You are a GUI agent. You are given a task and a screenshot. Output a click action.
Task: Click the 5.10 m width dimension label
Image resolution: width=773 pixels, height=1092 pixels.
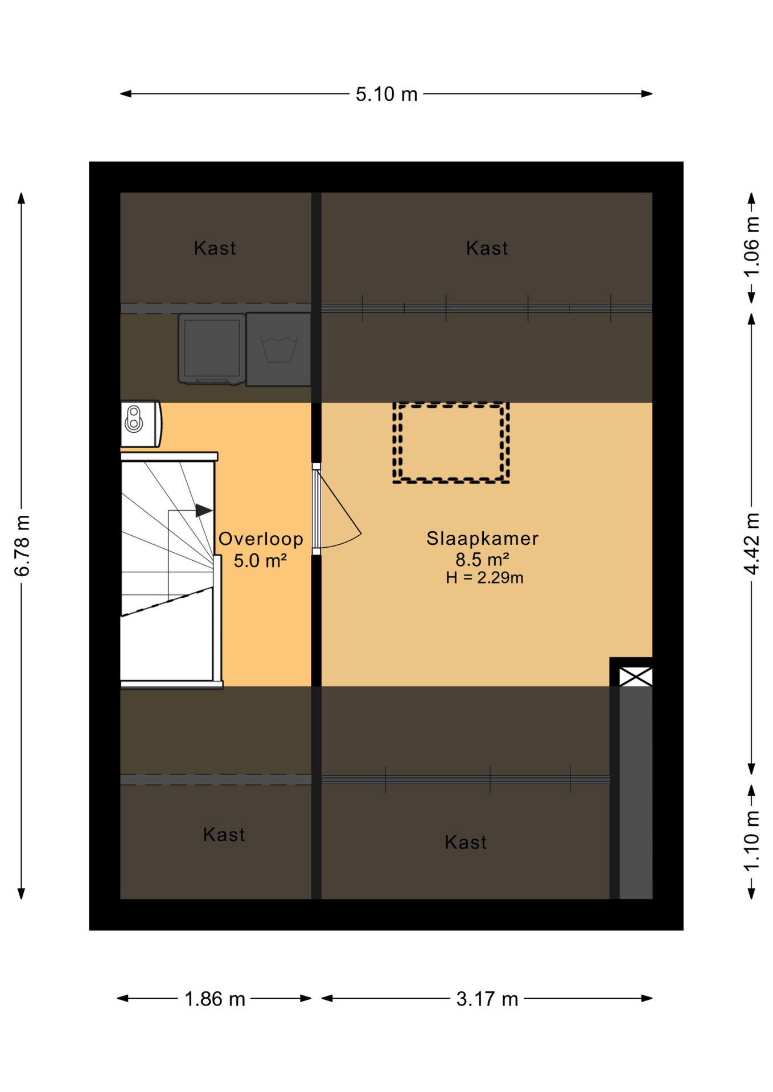386,94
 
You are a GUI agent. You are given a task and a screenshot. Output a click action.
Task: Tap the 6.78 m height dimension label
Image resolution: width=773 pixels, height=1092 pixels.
22,545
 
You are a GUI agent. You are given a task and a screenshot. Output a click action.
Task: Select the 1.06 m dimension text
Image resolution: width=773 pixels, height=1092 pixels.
751,246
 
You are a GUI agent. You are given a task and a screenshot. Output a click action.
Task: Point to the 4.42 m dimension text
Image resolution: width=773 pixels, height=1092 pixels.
751,543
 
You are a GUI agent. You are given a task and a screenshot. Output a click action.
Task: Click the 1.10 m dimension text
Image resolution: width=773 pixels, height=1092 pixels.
751,841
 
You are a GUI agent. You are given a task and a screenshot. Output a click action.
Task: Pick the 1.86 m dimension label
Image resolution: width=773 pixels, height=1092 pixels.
215,999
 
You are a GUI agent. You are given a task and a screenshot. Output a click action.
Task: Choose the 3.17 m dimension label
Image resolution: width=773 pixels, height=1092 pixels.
487,999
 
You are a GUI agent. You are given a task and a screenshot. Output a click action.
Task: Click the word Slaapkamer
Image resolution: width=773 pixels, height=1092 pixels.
482,538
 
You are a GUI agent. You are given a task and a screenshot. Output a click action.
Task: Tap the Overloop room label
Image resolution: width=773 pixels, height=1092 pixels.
261,539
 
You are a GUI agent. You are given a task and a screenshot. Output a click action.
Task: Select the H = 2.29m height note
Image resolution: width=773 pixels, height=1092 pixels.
484,578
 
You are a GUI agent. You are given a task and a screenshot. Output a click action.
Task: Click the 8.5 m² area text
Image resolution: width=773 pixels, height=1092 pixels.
482,559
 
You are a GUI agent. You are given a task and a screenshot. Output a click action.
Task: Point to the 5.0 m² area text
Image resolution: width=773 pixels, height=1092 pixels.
260,560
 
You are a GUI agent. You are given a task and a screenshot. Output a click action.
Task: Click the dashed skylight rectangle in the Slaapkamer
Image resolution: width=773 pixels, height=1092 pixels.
451,443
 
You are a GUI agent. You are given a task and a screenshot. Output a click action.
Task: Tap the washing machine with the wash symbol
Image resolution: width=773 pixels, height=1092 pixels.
278,349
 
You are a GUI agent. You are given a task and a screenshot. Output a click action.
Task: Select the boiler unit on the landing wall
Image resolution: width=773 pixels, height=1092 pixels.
139,424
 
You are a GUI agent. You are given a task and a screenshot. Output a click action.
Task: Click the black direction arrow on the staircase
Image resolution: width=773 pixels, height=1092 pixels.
203,510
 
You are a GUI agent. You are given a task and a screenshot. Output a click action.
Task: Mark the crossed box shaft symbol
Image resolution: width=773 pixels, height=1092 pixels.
635,677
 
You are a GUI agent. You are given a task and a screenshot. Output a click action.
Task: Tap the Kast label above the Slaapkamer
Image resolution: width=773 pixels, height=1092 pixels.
487,248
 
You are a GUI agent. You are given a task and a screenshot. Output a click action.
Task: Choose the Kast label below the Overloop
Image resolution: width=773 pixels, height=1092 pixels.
224,834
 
